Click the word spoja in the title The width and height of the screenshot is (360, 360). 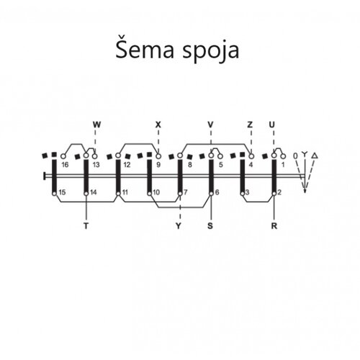[x=211, y=51]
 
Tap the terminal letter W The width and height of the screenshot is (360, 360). [x=96, y=125]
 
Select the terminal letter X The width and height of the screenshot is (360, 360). [x=158, y=125]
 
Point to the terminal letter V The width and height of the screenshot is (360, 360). [x=210, y=125]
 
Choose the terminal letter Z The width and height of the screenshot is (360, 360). [x=250, y=125]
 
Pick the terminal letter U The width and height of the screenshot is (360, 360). [x=271, y=125]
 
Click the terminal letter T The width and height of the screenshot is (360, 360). [x=86, y=226]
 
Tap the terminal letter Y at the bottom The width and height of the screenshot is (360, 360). [x=178, y=226]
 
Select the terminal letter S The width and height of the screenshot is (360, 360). [x=210, y=226]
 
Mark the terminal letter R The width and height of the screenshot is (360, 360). [x=274, y=226]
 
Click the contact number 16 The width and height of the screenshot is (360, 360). [x=65, y=165]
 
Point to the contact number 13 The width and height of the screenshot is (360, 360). [x=96, y=165]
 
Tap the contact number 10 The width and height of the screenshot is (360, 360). [x=156, y=192]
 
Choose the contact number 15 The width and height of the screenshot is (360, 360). [x=62, y=192]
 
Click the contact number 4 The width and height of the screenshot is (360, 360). [x=251, y=165]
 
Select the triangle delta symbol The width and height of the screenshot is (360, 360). [x=315, y=156]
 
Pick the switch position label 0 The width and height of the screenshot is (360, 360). [x=295, y=156]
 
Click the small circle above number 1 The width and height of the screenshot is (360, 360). [x=283, y=156]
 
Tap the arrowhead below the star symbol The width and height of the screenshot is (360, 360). [x=305, y=191]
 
